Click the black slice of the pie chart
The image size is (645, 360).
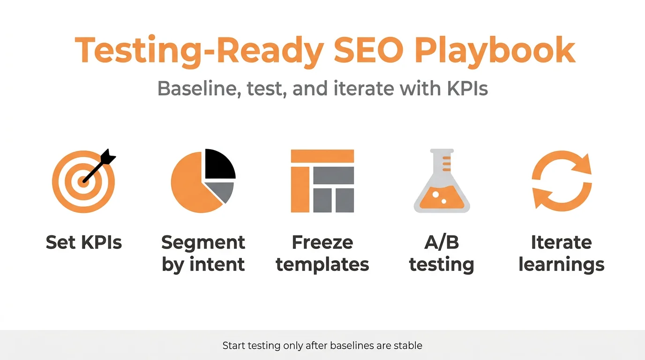point(218,164)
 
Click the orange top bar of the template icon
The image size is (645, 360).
point(322,156)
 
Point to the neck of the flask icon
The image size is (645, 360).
point(442,166)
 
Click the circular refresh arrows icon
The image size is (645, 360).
point(562,181)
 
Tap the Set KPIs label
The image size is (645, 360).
point(84,243)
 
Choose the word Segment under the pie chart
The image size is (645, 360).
point(203,243)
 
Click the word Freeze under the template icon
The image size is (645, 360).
point(322,243)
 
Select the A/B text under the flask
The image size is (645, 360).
point(442,243)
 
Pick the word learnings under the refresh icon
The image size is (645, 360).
point(562,265)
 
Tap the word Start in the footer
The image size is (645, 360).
point(233,346)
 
